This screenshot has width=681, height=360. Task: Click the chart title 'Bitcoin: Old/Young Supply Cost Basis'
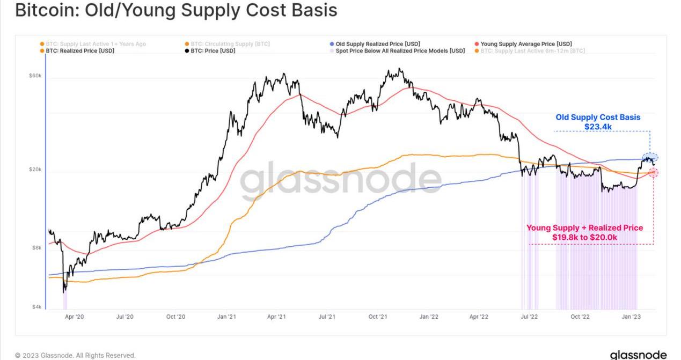coord(176,10)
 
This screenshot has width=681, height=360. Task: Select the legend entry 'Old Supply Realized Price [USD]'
coord(377,44)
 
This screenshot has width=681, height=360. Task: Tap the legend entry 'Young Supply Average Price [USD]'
coord(526,44)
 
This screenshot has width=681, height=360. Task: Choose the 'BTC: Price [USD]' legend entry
coord(213,51)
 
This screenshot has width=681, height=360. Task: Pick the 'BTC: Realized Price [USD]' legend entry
coord(79,51)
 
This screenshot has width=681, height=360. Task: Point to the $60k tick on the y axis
coord(35,76)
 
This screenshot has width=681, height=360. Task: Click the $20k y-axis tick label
coord(35,170)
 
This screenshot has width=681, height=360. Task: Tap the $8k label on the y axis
coord(36,248)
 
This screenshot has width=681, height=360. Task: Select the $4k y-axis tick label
coord(36,307)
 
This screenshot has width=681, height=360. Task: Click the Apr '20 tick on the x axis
coord(74,317)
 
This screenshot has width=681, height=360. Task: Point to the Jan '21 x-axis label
coord(226,317)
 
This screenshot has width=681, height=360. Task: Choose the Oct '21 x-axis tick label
coord(378,317)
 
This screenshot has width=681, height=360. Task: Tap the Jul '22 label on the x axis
coord(529,317)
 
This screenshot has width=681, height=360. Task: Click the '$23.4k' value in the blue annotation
coord(598,127)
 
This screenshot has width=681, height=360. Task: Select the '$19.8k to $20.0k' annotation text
coord(584,237)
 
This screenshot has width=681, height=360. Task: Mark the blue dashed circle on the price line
coord(650,158)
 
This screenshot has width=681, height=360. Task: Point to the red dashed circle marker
coord(653,172)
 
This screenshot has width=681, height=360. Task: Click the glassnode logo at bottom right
coord(638,355)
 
